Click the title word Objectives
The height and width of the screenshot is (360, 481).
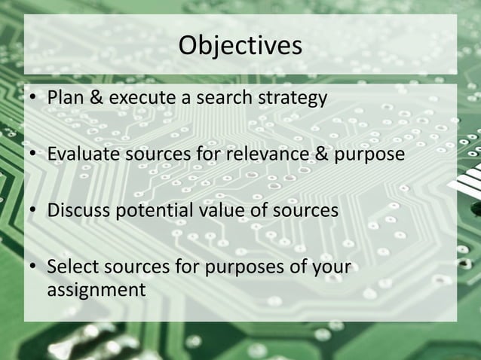coord(240,45)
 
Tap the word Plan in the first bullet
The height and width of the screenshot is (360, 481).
coord(66,98)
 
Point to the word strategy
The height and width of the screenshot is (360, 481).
coord(286,99)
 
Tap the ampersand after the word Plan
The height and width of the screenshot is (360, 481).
coord(95,98)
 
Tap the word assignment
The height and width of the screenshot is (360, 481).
coord(96,288)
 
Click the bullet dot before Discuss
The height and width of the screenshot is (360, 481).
coord(33,212)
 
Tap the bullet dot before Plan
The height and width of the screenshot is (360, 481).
coord(33,99)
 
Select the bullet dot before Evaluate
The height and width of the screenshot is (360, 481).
coord(33,155)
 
